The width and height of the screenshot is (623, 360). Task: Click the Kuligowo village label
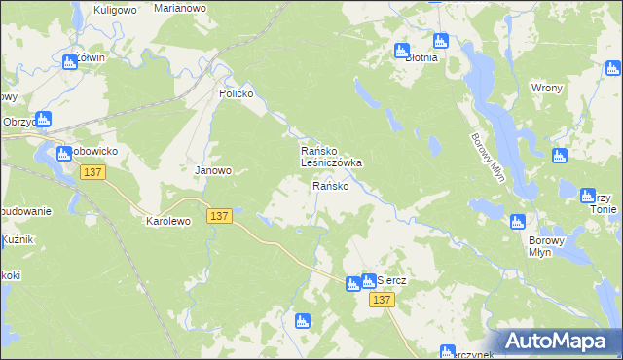click(x=113, y=10)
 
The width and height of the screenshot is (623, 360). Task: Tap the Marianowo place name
click(x=180, y=7)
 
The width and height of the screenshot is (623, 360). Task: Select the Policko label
click(x=236, y=93)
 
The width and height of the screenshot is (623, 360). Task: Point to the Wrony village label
click(x=546, y=88)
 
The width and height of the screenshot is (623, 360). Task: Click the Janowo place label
click(x=214, y=170)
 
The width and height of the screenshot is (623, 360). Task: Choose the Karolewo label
click(x=168, y=221)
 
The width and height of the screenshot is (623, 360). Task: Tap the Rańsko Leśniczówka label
click(x=330, y=158)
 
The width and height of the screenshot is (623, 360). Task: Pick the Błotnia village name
click(x=421, y=57)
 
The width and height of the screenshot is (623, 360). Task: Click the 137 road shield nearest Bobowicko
click(x=93, y=172)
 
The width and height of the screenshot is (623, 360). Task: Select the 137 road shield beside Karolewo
click(x=219, y=216)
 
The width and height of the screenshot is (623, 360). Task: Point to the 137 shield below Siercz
click(x=382, y=301)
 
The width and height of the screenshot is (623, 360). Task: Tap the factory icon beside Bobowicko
click(x=64, y=153)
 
